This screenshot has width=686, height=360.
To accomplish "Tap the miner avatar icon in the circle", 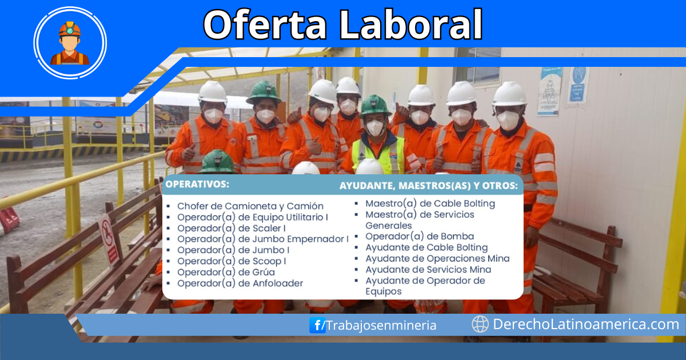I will click(70, 43).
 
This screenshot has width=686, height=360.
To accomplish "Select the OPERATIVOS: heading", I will click(197, 184).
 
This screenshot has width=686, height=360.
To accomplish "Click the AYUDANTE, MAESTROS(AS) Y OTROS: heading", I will click(429, 186).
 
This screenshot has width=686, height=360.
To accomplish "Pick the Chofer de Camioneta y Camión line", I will click(250, 206).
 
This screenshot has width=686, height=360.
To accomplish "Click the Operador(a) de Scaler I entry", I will click(232, 228).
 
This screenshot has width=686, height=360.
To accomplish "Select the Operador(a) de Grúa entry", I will click(226, 272).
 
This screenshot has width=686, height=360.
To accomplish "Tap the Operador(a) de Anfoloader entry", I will click(240, 283).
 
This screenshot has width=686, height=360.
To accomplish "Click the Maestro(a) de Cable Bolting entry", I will click(430, 203).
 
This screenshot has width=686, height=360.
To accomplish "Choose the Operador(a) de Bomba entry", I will click(420, 236).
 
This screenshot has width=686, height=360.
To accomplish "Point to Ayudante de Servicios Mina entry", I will click(428, 269).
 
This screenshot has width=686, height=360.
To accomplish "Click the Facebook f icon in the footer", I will click(317, 325).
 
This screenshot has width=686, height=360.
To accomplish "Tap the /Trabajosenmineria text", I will click(381, 325).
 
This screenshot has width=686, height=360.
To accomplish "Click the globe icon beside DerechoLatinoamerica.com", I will click(480, 324).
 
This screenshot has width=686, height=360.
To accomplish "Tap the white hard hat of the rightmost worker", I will click(509, 93).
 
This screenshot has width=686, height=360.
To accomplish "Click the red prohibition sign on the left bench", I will click(109, 240).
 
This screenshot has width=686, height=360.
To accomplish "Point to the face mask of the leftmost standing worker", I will click(213, 115).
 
